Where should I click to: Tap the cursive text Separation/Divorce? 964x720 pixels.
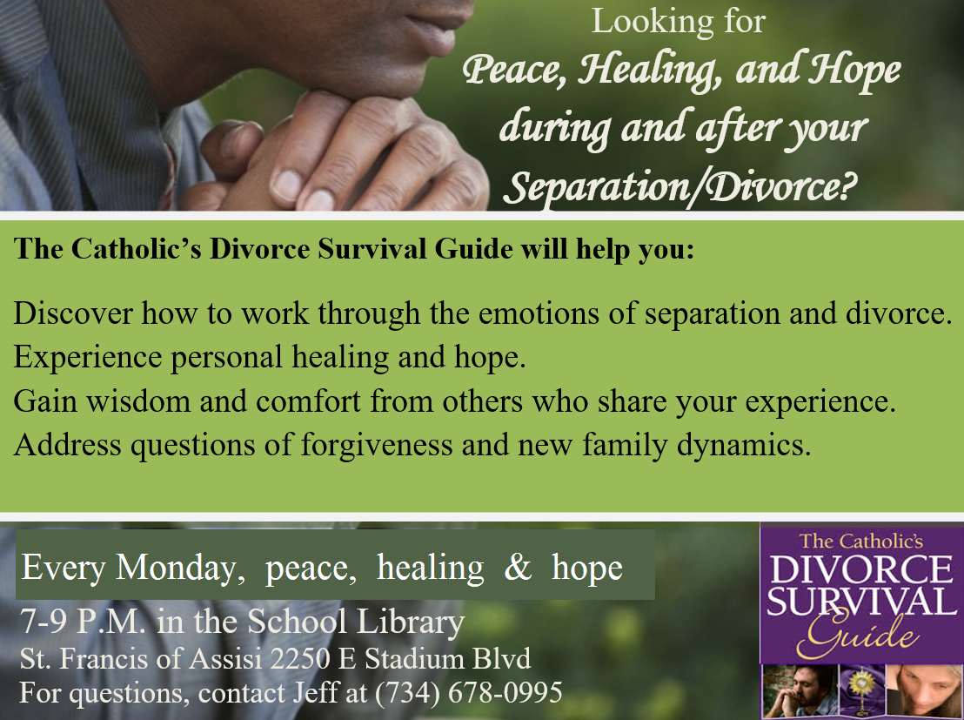point(680,185)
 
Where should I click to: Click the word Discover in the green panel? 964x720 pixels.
point(73,313)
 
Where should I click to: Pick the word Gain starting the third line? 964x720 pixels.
point(45,401)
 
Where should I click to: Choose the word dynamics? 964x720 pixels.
point(744,445)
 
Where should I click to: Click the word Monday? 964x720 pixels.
point(181,568)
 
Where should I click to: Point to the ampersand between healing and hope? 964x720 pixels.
point(518,567)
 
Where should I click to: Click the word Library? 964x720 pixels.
point(410,622)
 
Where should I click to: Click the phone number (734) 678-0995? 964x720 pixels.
point(468,693)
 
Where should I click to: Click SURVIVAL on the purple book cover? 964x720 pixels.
point(861,602)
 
